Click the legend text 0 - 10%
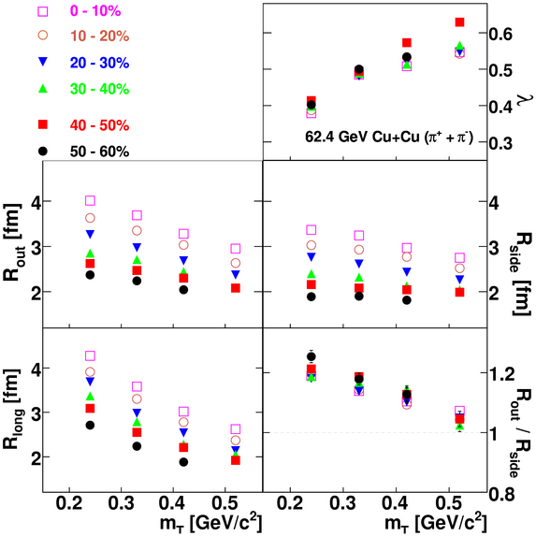click(95, 11)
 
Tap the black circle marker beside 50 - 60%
click(43, 152)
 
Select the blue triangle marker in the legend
click(43, 62)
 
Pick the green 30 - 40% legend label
click(99, 89)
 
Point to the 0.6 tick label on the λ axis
click(501, 34)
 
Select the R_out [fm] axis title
click(12, 242)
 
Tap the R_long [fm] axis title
click(13, 410)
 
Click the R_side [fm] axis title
click(522, 273)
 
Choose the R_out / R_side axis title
click(522, 433)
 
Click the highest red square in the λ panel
click(460, 22)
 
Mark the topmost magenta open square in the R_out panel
click(90, 201)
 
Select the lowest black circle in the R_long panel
click(183, 462)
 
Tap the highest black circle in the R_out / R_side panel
click(311, 356)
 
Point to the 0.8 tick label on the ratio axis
click(501, 494)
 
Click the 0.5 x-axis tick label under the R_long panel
click(225, 503)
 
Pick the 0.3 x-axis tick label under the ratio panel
click(343, 503)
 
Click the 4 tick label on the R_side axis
click(494, 203)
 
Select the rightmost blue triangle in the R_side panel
click(460, 279)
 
